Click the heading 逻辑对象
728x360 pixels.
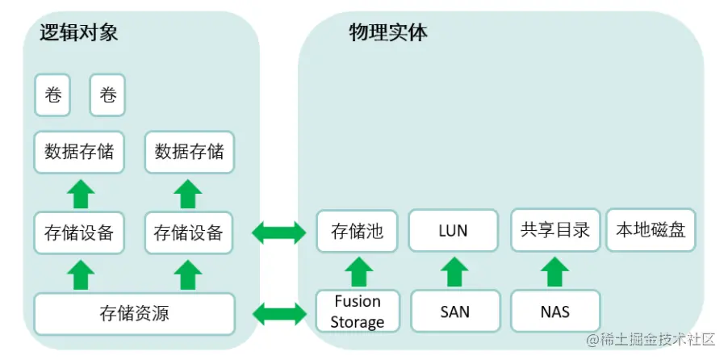pyautogui.click(x=79, y=32)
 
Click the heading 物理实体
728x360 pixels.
pyautogui.click(x=388, y=32)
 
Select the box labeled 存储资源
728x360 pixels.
pyautogui.click(x=134, y=313)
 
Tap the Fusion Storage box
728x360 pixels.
pyautogui.click(x=357, y=312)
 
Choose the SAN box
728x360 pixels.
pyautogui.click(x=455, y=312)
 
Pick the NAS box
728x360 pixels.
pyautogui.click(x=555, y=312)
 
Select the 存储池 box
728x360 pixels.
pyautogui.click(x=357, y=232)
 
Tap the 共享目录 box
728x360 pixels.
pyautogui.click(x=555, y=230)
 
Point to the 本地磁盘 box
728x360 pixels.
pyautogui.click(x=651, y=230)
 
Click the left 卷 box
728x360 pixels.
pyautogui.click(x=52, y=95)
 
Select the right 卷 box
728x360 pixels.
pyautogui.click(x=107, y=95)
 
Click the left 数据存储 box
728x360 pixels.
pyautogui.click(x=79, y=152)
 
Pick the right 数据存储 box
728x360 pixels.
pyautogui.click(x=189, y=152)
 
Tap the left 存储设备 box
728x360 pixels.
pyautogui.click(x=79, y=234)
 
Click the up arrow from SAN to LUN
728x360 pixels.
pyautogui.click(x=455, y=272)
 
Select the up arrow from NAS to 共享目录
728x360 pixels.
pyautogui.click(x=555, y=272)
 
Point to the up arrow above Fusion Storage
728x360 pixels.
pyautogui.click(x=357, y=272)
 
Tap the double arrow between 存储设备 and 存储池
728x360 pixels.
pyautogui.click(x=279, y=234)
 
